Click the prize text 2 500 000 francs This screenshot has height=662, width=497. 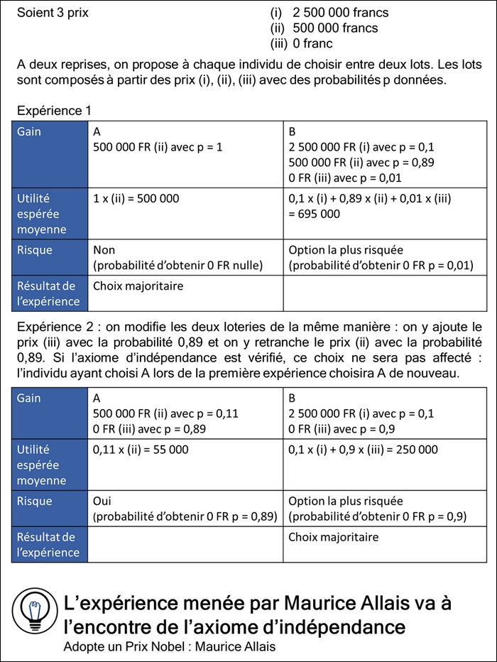pyautogui.click(x=340, y=13)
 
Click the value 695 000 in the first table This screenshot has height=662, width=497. pyautogui.click(x=315, y=213)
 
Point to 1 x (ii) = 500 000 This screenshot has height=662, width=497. pyautogui.click(x=136, y=199)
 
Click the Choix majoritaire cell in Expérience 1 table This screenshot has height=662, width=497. pyautogui.click(x=138, y=286)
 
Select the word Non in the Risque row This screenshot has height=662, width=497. pyautogui.click(x=104, y=250)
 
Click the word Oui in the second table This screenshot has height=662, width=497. pyautogui.click(x=103, y=501)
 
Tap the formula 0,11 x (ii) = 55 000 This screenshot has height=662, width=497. pyautogui.click(x=141, y=450)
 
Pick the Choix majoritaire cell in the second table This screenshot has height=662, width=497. pyautogui.click(x=333, y=537)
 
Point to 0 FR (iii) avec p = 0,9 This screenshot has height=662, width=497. pyautogui.click(x=342, y=429)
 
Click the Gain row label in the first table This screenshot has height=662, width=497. pyautogui.click(x=29, y=132)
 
